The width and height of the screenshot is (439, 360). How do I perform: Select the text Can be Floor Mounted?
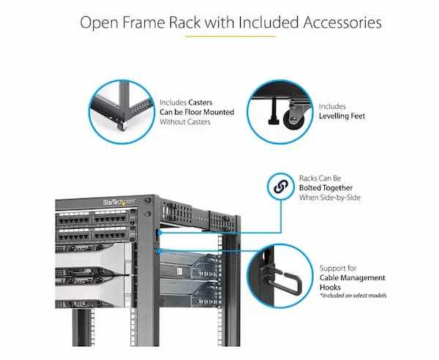[197, 112]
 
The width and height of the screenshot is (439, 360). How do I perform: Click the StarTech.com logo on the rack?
[119, 201]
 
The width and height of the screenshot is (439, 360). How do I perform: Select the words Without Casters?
[184, 121]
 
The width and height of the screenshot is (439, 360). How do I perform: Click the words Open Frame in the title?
[125, 22]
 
